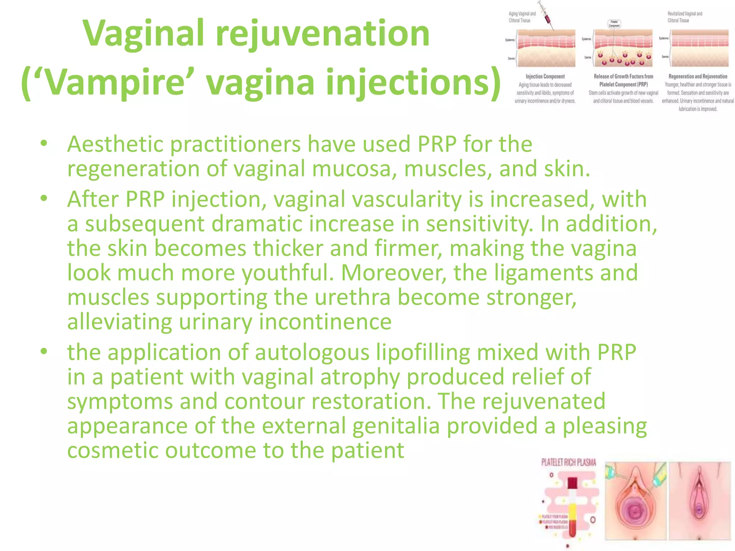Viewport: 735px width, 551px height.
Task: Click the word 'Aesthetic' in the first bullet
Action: point(115,144)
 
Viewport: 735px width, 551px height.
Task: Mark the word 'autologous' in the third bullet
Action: point(312,352)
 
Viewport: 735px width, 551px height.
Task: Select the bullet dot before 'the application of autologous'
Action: point(44,352)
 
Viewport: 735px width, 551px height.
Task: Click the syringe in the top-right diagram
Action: point(546,15)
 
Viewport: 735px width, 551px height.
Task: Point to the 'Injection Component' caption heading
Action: point(545,76)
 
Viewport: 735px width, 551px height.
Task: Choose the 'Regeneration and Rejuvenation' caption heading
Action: point(698,76)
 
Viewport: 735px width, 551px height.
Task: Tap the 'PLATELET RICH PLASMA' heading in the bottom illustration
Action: point(568,463)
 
